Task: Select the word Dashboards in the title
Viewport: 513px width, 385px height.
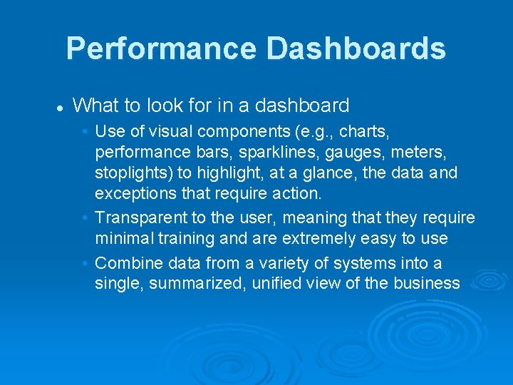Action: [356, 49]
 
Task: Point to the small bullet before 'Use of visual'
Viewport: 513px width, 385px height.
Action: [85, 132]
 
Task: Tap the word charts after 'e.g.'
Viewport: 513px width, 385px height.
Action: [362, 132]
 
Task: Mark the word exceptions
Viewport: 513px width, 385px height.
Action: [135, 194]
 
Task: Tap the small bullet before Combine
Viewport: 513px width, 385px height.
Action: [85, 263]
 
